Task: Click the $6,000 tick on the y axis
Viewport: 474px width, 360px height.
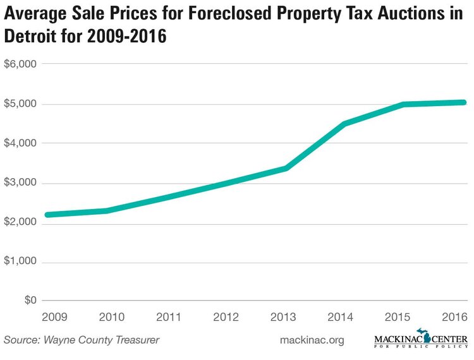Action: [20, 64]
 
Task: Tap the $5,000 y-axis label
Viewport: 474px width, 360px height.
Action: [20, 104]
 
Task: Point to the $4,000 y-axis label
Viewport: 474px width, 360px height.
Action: [20, 143]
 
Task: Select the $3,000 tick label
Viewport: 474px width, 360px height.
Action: [20, 183]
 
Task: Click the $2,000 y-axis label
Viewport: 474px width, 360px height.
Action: [20, 223]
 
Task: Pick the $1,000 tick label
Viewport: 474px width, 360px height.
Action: [20, 261]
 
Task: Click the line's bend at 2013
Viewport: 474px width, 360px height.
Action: [286, 168]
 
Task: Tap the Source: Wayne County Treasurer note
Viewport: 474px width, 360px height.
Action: [82, 340]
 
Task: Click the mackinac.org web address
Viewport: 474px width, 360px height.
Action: [312, 340]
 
